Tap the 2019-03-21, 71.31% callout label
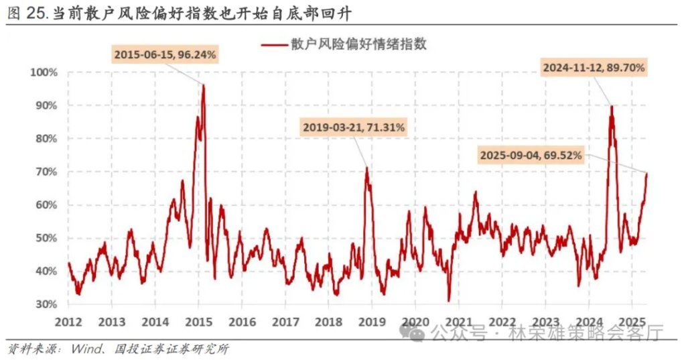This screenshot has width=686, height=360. click(x=354, y=127)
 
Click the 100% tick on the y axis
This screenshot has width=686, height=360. click(x=44, y=72)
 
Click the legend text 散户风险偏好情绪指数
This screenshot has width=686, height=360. click(x=358, y=45)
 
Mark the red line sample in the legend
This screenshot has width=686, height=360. click(x=273, y=45)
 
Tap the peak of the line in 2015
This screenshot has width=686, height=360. click(x=203, y=85)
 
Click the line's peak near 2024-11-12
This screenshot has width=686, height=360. click(x=612, y=106)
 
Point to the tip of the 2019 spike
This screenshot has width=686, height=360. click(x=366, y=168)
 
